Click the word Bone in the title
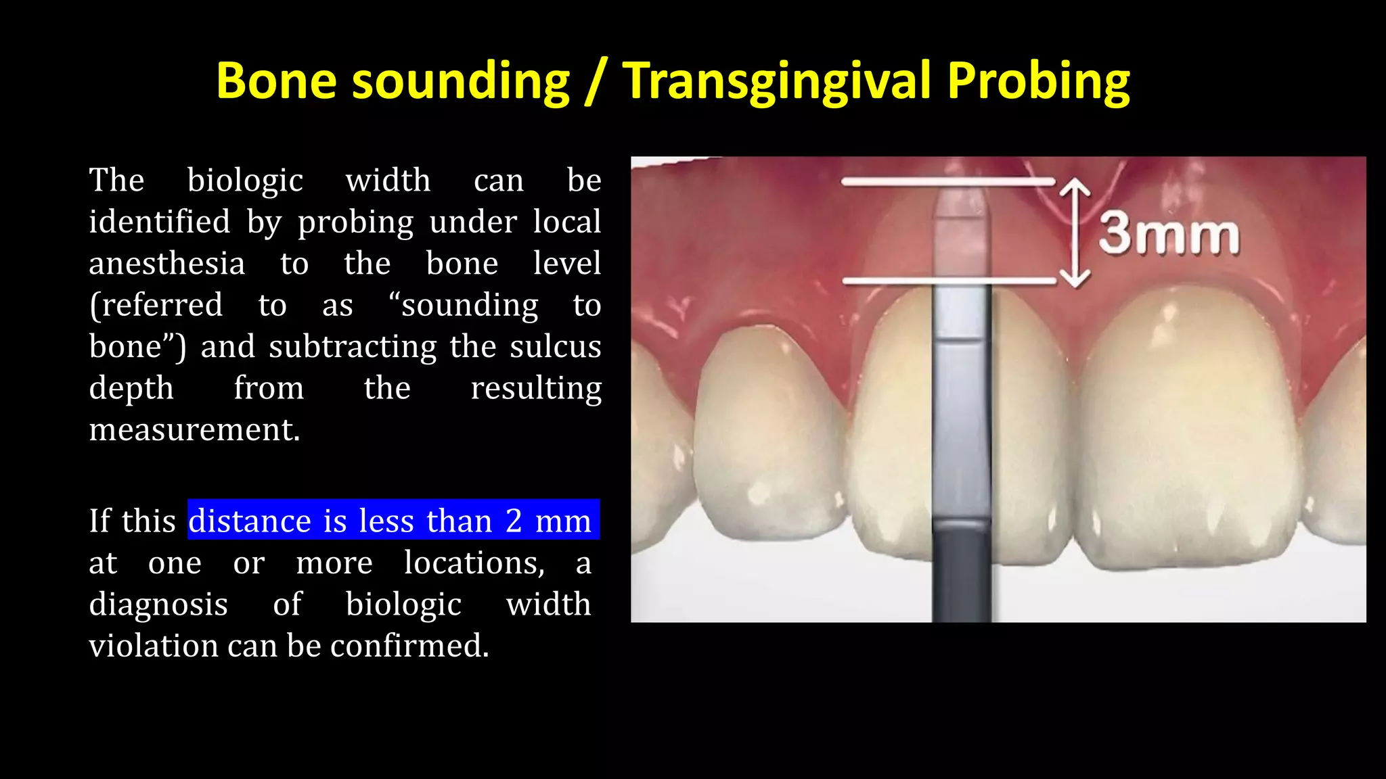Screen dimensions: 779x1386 tap(276, 81)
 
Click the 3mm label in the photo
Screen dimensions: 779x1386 tap(1169, 235)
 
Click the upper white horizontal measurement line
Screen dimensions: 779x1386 tap(947, 181)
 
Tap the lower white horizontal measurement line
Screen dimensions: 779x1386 tap(947, 280)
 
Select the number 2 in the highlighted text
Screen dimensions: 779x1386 tap(514, 521)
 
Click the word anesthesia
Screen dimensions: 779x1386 tap(167, 263)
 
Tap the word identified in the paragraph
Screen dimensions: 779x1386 tap(160, 222)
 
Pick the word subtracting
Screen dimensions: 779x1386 tap(353, 347)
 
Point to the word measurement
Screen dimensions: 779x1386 tap(194, 429)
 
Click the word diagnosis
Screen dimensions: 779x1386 tap(158, 605)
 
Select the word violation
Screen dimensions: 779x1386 tap(154, 646)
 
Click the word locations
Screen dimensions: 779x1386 tap(474, 563)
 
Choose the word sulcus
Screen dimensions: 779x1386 tap(555, 347)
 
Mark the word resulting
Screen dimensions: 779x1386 tap(536, 389)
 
